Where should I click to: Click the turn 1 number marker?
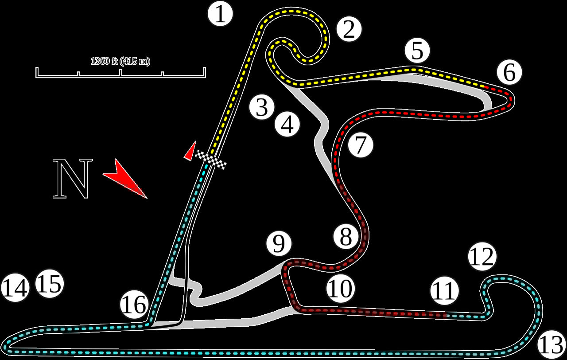[x=221, y=14]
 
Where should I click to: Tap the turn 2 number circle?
[x=349, y=30]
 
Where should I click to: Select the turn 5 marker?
[x=417, y=51]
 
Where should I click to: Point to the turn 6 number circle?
[x=509, y=72]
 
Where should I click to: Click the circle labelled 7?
[x=361, y=145]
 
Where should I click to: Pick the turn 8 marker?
[x=346, y=237]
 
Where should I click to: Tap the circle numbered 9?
[x=279, y=243]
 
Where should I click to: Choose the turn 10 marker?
[x=341, y=289]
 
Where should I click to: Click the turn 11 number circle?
[x=444, y=291]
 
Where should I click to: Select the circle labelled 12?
[x=482, y=256]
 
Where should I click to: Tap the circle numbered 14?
[x=15, y=288]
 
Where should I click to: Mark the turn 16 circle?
[x=134, y=305]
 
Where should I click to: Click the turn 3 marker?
[x=262, y=108]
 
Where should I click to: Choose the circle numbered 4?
[x=287, y=125]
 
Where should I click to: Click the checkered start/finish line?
[x=211, y=159]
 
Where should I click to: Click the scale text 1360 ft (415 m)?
[x=120, y=61]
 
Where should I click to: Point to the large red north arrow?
[x=125, y=178]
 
